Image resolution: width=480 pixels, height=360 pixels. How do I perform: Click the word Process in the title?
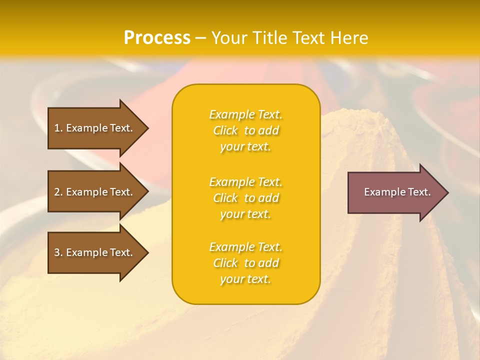pos(157,38)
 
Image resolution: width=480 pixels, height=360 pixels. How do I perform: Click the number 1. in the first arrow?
pos(58,128)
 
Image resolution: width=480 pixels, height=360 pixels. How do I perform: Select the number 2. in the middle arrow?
pos(58,192)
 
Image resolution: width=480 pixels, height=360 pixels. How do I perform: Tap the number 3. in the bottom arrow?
pos(58,252)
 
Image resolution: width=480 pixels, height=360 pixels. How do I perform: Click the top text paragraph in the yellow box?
pos(245,130)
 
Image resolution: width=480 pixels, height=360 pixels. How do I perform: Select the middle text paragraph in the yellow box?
pos(245,198)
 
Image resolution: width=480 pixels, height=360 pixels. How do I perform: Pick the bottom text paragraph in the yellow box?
pos(245,263)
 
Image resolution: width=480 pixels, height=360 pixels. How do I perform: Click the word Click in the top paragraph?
pos(225,131)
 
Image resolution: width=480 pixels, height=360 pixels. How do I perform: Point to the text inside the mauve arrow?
pos(397,192)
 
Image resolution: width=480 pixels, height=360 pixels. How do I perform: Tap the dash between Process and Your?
pos(200,38)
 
